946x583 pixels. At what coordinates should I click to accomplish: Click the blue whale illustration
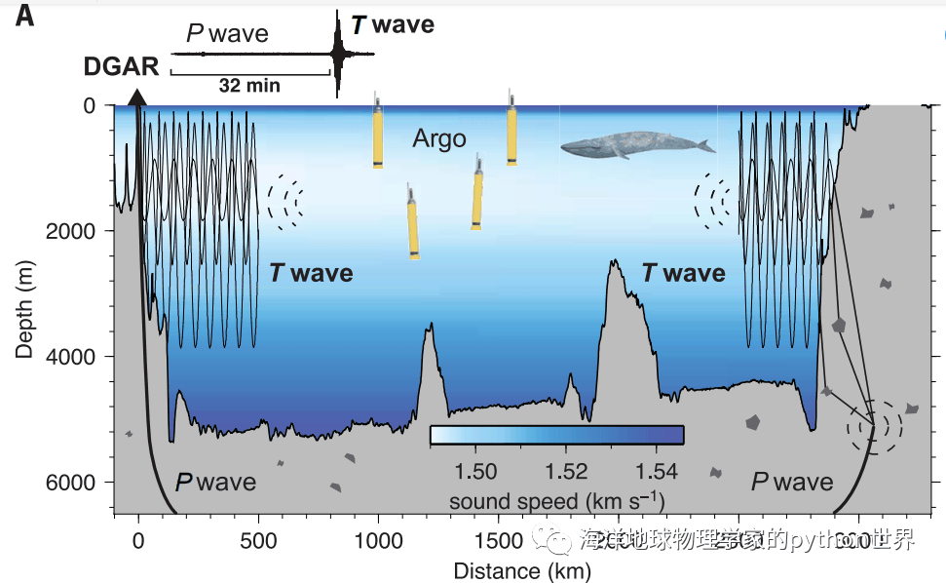636,146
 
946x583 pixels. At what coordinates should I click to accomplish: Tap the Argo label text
439,138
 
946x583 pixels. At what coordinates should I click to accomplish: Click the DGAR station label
121,67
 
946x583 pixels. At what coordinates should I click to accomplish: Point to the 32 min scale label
249,86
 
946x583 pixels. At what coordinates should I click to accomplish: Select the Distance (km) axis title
522,569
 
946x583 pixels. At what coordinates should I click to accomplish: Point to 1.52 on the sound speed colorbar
566,472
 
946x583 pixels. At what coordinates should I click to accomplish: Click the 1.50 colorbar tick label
476,472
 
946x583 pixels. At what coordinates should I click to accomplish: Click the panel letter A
24,17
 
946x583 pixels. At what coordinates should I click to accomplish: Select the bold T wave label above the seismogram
392,24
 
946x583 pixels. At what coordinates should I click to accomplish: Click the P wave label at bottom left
215,482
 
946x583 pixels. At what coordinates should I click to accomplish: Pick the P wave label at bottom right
792,482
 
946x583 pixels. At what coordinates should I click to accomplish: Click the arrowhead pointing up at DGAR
138,97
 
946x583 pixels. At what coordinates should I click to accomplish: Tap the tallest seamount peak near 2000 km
614,262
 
